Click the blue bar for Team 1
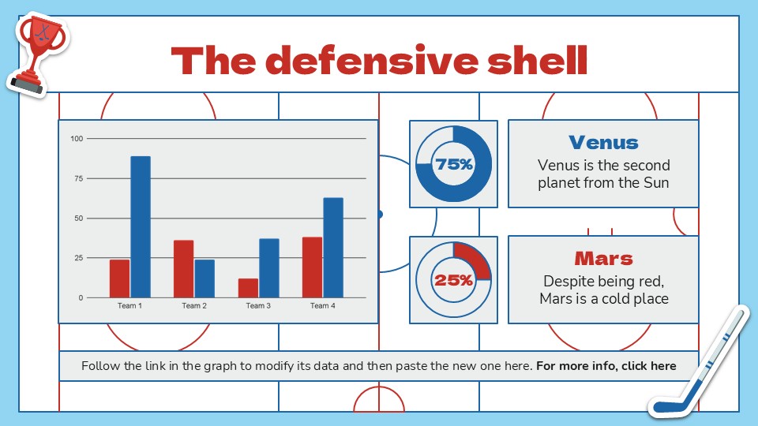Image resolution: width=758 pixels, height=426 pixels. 141,227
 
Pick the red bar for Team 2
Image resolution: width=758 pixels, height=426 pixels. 184,269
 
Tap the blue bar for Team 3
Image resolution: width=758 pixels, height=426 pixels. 269,268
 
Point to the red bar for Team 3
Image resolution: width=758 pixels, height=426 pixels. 248,288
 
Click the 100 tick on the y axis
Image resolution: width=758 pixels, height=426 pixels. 77,139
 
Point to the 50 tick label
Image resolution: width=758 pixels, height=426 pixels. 77,219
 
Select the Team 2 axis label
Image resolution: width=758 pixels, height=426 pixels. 194,306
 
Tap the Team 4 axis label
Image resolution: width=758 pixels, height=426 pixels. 322,306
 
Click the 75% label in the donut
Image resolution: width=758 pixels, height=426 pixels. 454,165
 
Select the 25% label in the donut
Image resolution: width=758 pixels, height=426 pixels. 454,280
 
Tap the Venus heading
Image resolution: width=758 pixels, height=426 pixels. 603,143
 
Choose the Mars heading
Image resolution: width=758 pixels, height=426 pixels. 603,259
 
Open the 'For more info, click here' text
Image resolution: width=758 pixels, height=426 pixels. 606,366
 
